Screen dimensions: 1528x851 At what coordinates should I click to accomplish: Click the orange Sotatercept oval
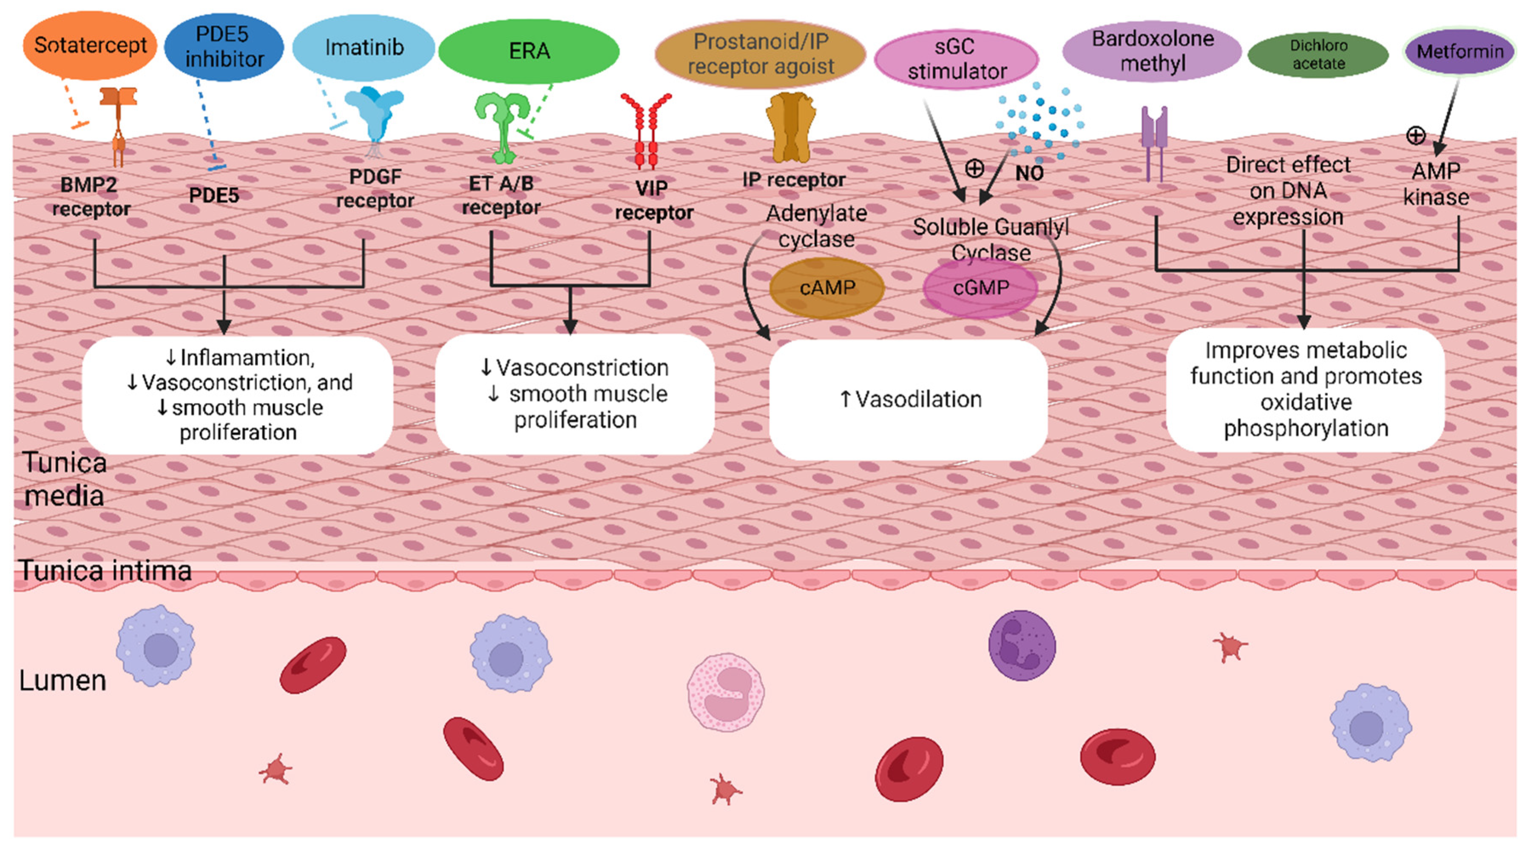pyautogui.click(x=90, y=46)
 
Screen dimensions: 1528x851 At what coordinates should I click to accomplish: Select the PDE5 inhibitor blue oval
pyautogui.click(x=224, y=47)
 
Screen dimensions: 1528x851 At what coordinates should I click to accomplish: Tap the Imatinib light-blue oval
pyautogui.click(x=364, y=48)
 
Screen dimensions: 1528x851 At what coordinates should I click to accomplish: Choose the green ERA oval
pyautogui.click(x=528, y=51)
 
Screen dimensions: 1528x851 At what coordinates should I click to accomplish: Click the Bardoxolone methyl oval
pyautogui.click(x=1152, y=51)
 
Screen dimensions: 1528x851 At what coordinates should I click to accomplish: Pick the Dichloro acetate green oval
pyautogui.click(x=1318, y=54)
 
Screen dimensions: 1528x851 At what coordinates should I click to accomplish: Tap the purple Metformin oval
pyautogui.click(x=1459, y=51)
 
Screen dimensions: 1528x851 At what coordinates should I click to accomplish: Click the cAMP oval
pyautogui.click(x=827, y=288)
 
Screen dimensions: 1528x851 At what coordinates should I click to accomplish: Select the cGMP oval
pyautogui.click(x=980, y=288)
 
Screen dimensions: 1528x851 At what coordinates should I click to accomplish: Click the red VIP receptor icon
pyautogui.click(x=646, y=131)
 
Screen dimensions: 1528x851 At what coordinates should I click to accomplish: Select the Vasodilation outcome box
pyautogui.click(x=908, y=399)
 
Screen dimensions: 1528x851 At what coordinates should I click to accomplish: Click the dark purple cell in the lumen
pyautogui.click(x=1022, y=645)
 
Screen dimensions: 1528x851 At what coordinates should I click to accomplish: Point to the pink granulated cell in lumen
pyautogui.click(x=725, y=691)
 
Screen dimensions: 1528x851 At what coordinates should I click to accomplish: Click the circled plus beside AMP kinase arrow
pyautogui.click(x=1416, y=135)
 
